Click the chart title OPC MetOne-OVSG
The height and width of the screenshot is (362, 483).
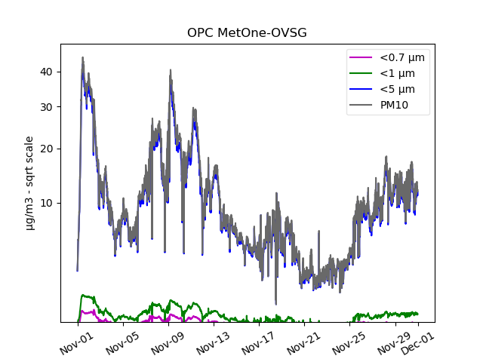tap(247, 32)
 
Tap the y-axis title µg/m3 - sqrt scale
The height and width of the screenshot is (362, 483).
tap(29, 183)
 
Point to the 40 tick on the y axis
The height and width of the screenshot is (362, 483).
tap(46, 72)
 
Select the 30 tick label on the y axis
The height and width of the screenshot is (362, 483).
tap(46, 106)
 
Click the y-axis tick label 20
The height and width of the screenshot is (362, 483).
tap(46, 149)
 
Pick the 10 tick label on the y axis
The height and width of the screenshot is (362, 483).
tap(46, 203)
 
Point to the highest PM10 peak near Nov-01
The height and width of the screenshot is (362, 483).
tap(83, 58)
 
